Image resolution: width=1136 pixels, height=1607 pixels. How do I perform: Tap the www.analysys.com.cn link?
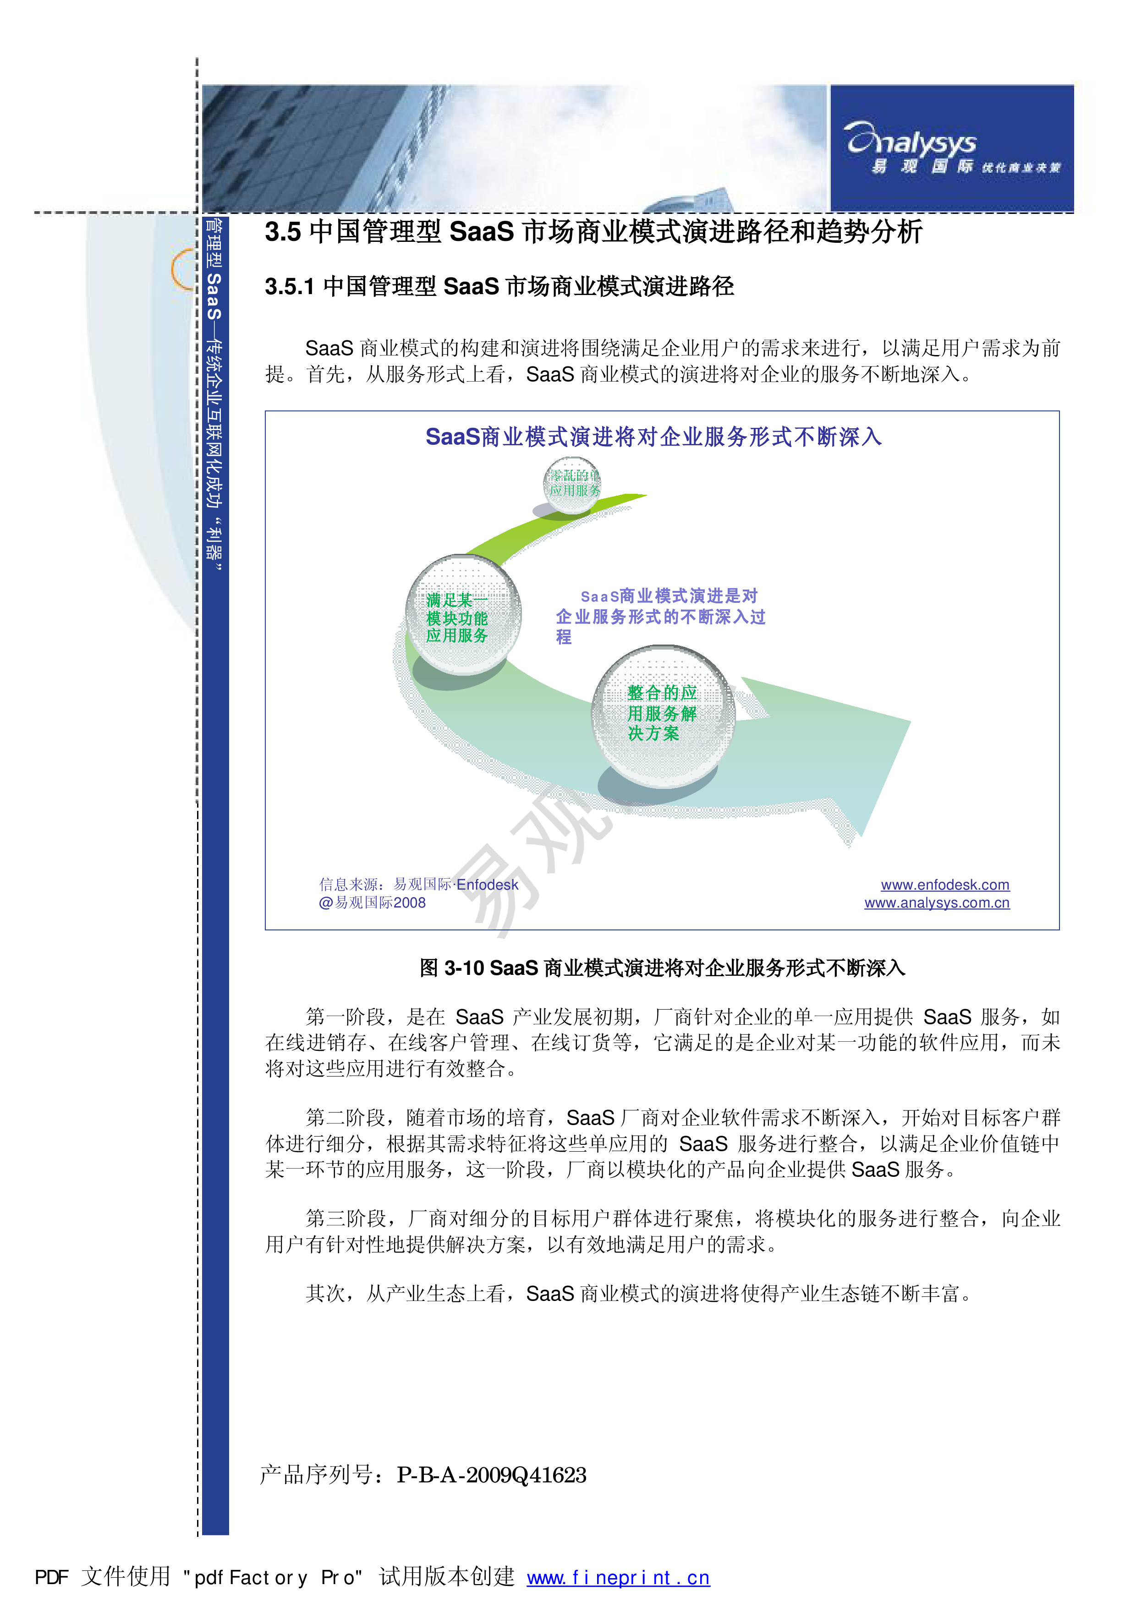937,903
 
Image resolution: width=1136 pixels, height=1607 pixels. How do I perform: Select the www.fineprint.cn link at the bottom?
618,1578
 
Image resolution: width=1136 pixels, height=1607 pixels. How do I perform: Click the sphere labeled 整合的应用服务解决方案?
662,715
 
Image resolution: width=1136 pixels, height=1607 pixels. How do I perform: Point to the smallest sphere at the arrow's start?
572,484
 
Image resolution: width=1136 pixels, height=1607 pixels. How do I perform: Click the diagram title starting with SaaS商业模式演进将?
653,437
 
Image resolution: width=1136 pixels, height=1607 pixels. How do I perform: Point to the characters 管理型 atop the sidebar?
214,244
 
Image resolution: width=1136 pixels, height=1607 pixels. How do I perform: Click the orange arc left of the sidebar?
181,269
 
